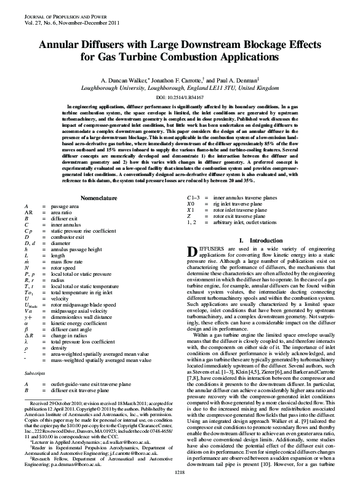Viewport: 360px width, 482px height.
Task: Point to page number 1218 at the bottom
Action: pos(180,472)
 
